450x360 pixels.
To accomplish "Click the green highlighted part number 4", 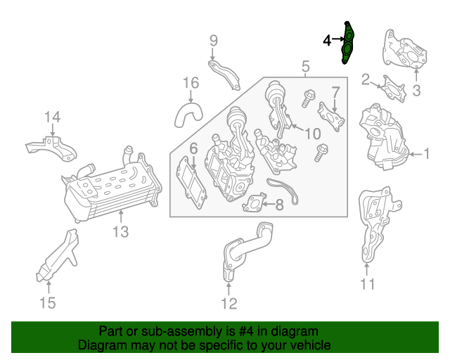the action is point(348,43).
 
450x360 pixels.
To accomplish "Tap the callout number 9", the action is point(214,41).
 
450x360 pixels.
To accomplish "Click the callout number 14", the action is point(52,117).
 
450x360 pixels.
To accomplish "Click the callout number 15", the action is point(47,303).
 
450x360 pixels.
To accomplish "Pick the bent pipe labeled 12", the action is point(247,250).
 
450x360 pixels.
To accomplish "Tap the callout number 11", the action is point(367,284).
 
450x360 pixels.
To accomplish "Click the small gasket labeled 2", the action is point(394,90).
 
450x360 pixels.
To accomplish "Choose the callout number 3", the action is point(416,90).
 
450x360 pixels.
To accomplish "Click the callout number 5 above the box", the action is point(306,66).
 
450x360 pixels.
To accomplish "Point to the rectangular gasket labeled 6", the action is point(191,183).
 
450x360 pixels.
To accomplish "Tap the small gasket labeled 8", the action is point(255,202).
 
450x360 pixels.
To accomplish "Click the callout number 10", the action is point(312,134).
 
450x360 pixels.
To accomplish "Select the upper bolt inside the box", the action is point(308,98).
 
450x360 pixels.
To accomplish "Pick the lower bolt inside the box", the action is point(321,153).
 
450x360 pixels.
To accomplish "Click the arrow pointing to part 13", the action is point(121,217).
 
